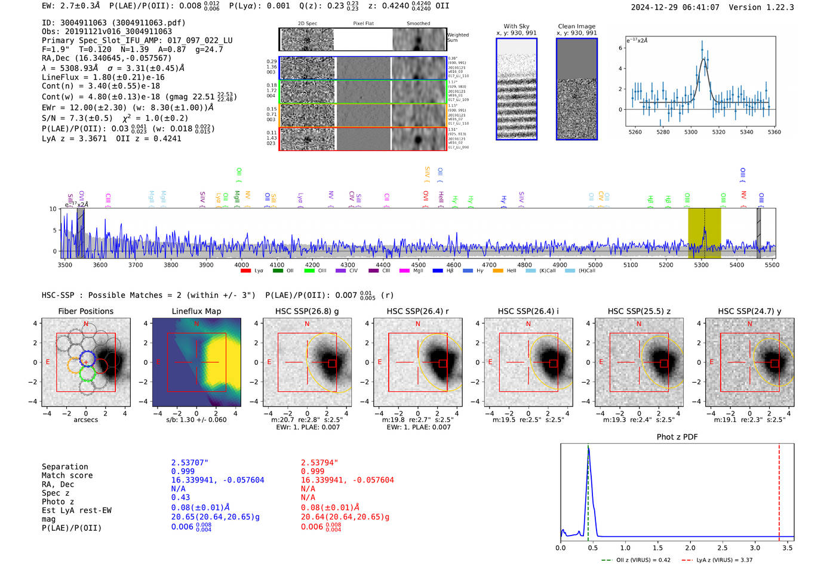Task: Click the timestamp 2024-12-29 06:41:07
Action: (x=675, y=7)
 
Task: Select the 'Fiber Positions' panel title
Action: (x=85, y=311)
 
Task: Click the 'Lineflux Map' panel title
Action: (x=196, y=311)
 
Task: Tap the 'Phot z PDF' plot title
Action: (x=677, y=437)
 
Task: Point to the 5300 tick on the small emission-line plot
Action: (x=691, y=132)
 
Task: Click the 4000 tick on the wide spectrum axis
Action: (x=241, y=264)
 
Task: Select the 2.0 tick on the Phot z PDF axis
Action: (x=690, y=548)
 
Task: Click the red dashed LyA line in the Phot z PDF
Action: (x=779, y=490)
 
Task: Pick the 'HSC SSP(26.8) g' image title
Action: (x=307, y=311)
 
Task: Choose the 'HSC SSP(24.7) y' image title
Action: (x=749, y=311)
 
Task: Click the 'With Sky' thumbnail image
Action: (x=517, y=89)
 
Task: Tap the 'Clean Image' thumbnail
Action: (x=577, y=89)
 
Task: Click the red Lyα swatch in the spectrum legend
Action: (x=245, y=270)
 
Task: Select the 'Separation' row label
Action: (x=65, y=467)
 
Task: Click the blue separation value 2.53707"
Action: (x=190, y=463)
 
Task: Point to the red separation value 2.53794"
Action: (x=319, y=463)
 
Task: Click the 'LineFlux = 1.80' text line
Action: (x=103, y=77)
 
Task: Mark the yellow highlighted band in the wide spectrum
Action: (x=705, y=233)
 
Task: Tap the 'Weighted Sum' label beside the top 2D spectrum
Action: (x=458, y=38)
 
